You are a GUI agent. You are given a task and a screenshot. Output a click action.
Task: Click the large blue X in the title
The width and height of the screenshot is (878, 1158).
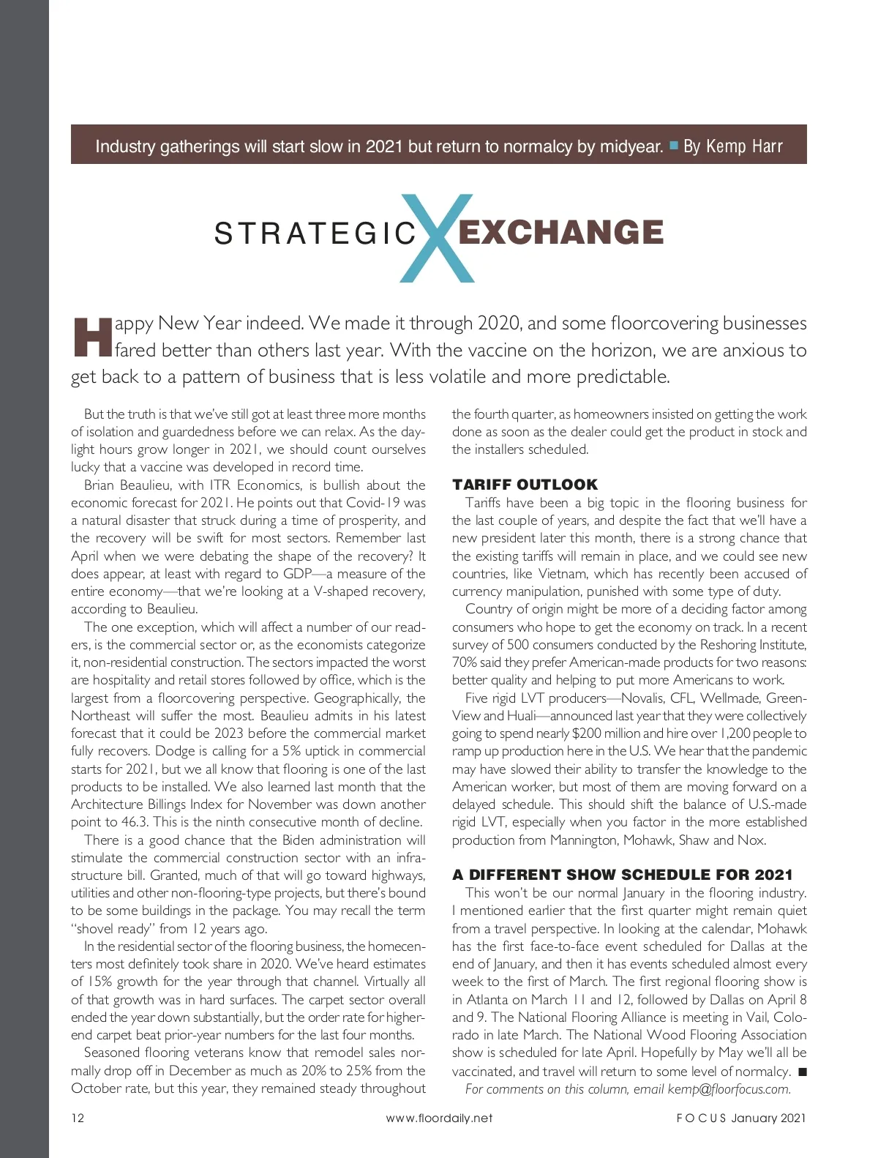pos(438,238)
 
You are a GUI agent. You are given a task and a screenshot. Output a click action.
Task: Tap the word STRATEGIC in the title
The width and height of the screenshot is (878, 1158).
pos(315,234)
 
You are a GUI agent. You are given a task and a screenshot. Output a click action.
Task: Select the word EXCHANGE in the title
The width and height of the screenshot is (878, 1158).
pos(560,232)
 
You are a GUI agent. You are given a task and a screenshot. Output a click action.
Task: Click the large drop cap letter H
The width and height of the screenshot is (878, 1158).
pos(92,337)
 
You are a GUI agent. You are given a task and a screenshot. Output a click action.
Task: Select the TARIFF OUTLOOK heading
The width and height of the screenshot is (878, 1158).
pos(525,485)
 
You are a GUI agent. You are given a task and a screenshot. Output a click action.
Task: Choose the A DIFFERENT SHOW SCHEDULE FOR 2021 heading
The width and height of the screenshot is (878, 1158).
pos(622,875)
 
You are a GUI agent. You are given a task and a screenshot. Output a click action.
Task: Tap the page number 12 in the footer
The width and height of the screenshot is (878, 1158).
pos(78,1118)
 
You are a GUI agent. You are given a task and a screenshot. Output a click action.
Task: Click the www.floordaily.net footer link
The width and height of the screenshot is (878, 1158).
pos(439,1118)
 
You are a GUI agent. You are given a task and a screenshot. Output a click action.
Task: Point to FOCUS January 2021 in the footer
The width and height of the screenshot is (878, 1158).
pos(740,1118)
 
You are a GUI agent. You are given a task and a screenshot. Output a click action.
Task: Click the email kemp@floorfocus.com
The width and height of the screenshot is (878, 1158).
pos(729,1089)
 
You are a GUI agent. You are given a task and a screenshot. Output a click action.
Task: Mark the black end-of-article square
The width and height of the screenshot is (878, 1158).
pos(802,1072)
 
